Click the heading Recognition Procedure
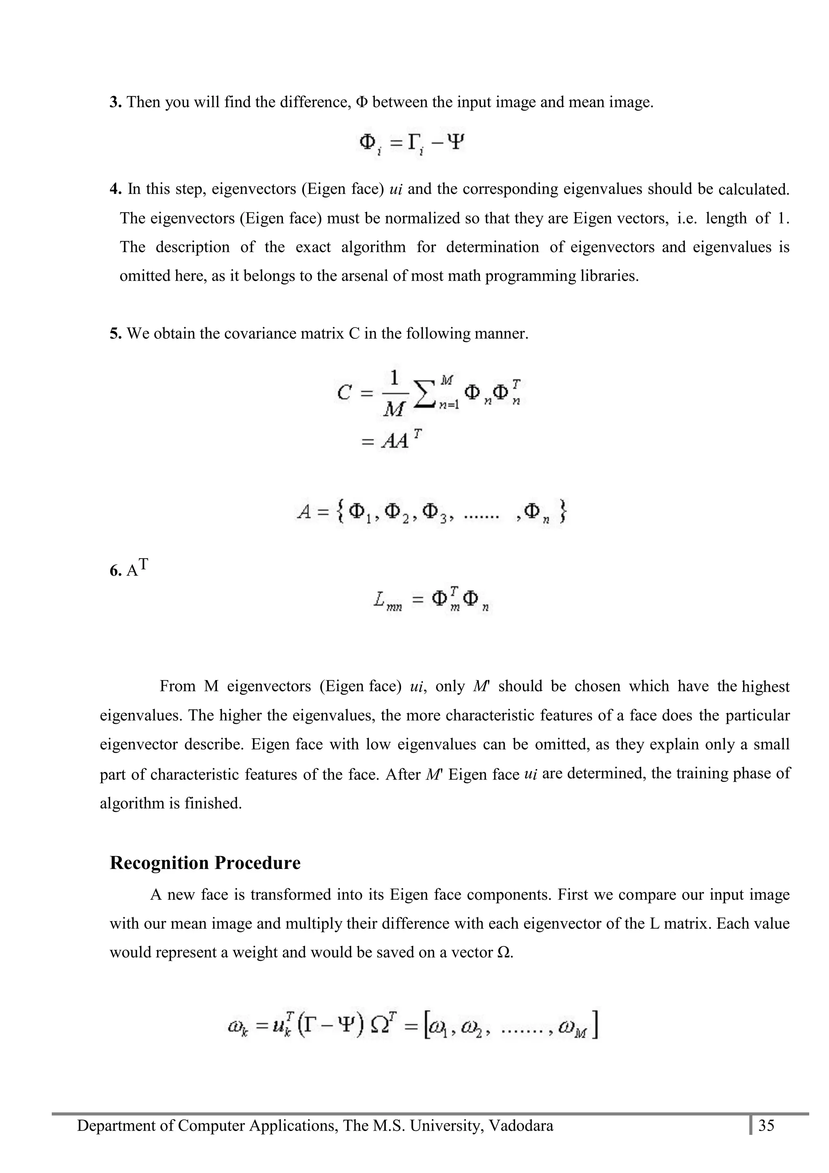(x=205, y=863)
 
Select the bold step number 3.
(x=115, y=102)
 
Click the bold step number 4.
(x=115, y=189)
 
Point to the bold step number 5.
(x=115, y=334)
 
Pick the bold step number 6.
(x=115, y=571)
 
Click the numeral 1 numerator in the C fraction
(x=394, y=378)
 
